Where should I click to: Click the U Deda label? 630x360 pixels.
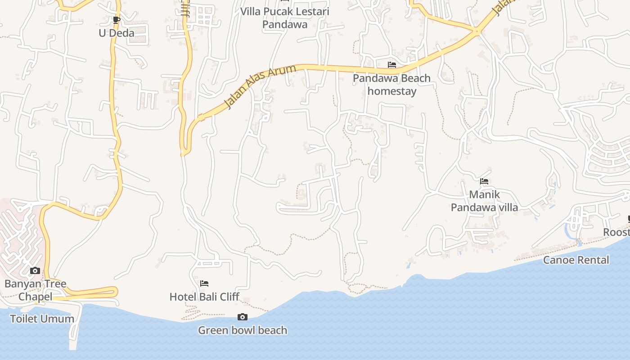116,33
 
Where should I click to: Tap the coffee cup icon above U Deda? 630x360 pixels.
116,20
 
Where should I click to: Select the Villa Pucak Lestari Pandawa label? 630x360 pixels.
284,18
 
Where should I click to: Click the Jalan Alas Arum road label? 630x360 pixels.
260,86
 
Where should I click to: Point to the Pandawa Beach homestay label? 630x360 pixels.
391,85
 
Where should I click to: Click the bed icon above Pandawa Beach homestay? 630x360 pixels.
392,65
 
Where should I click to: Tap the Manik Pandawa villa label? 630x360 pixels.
484,201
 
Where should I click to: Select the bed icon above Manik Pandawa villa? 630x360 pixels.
484,182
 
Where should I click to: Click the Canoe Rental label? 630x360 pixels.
576,260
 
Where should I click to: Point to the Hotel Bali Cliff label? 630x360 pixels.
204,297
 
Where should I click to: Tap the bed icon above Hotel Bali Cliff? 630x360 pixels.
204,283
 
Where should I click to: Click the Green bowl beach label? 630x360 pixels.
243,330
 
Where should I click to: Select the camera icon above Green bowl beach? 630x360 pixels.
243,317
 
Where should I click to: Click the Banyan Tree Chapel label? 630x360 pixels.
35,290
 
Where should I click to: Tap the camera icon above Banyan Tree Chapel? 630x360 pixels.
35,271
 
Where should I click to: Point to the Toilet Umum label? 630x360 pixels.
42,319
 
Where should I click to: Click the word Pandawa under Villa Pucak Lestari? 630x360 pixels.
284,24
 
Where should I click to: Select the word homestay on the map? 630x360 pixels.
391,91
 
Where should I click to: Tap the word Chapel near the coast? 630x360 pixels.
35,297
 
